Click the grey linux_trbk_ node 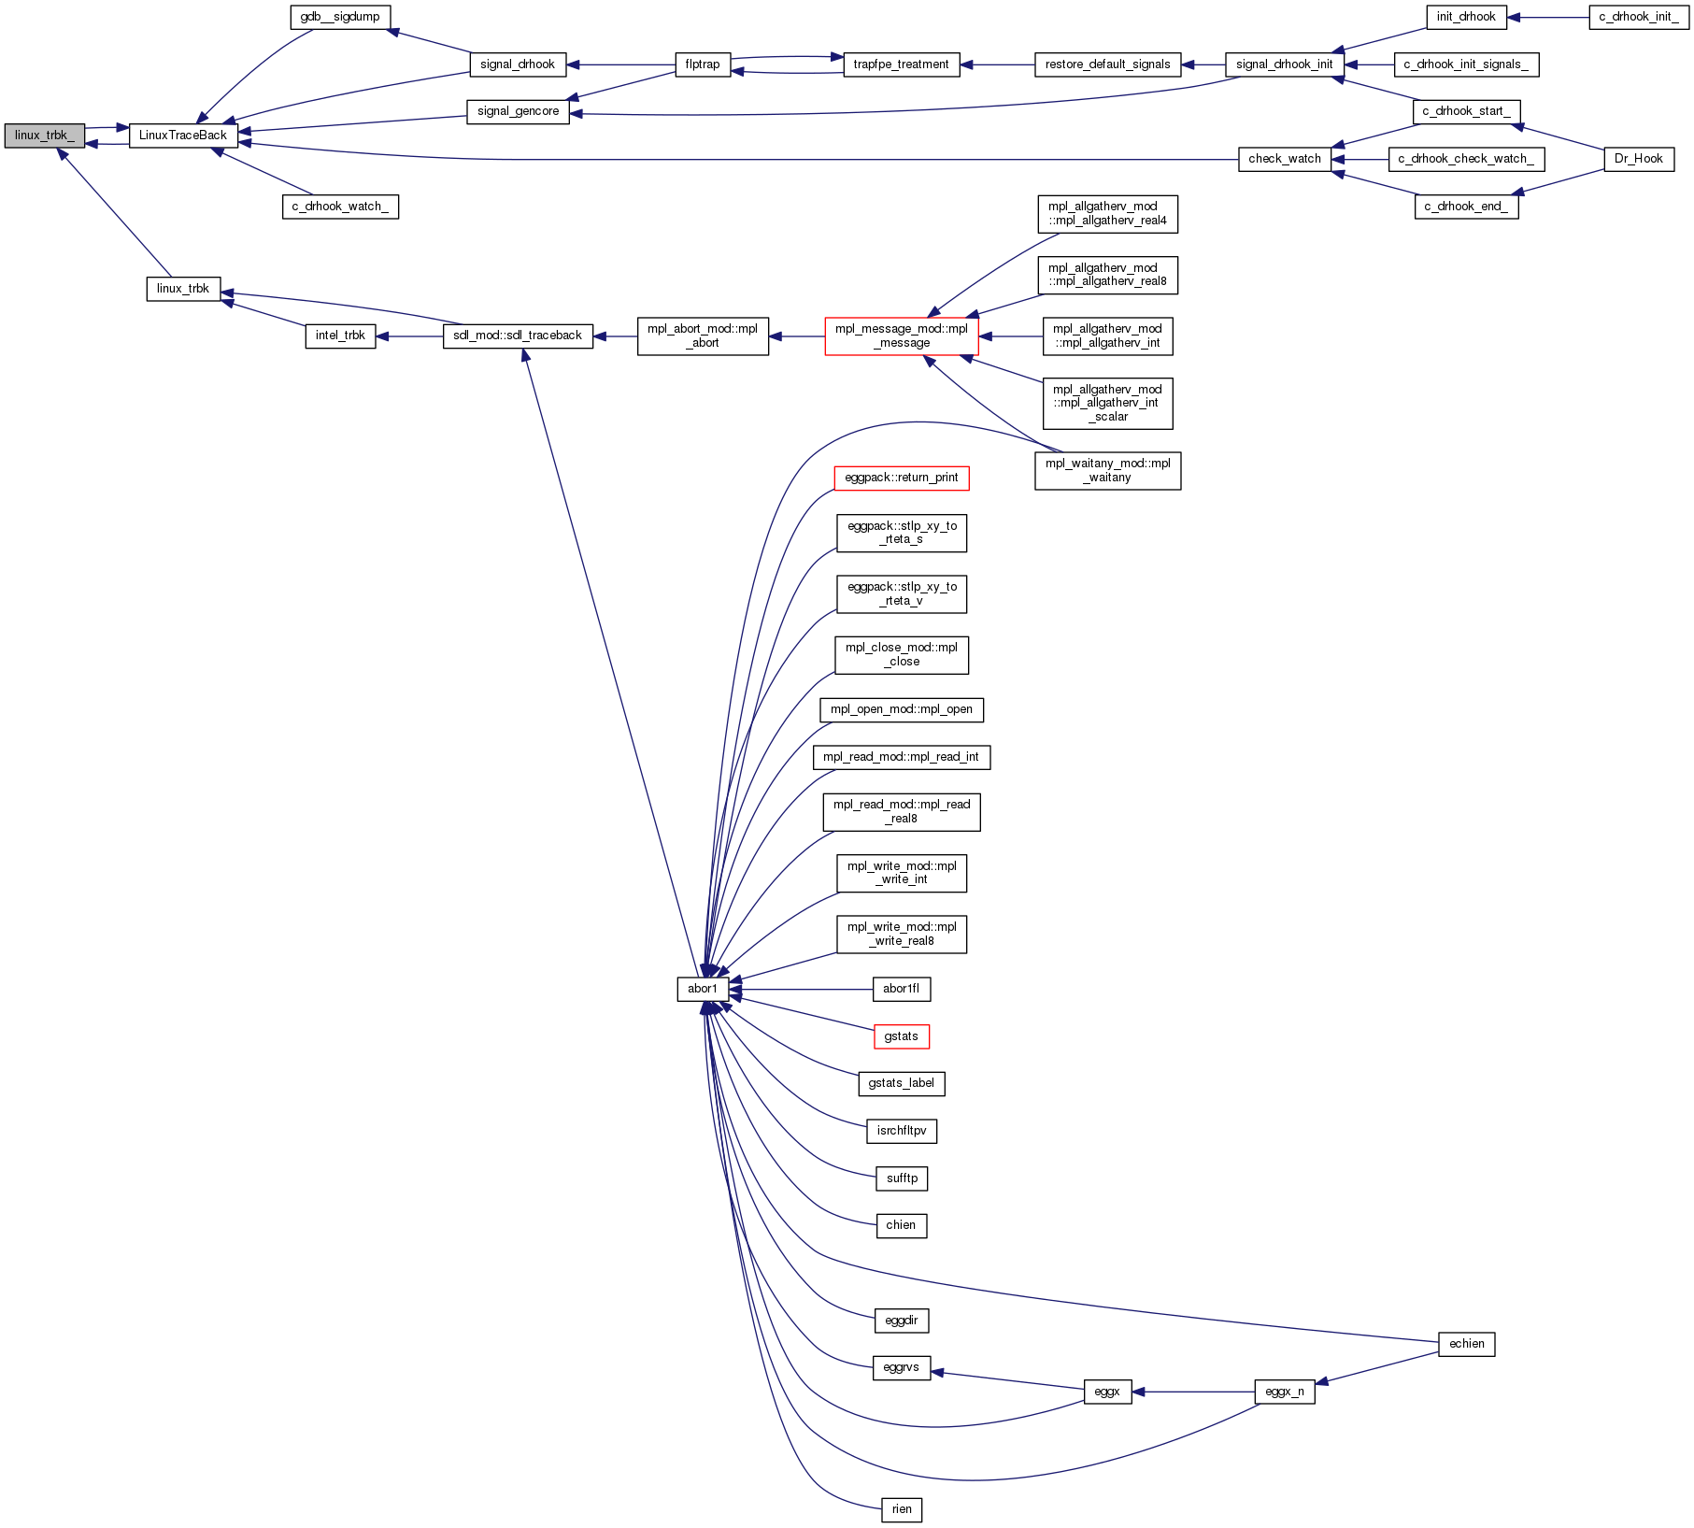44,136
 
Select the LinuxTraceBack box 183,136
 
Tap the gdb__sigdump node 340,17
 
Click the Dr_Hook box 1638,159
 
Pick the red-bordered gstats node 902,1036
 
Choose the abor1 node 703,989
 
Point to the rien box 902,1509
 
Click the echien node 1466,1344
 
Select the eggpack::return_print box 902,478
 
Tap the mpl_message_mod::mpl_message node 902,336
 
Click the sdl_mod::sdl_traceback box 518,336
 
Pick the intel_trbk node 340,336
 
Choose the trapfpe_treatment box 901,64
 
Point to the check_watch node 1285,159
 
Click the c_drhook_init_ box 1638,17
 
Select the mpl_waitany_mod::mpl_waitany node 1107,470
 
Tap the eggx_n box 1285,1392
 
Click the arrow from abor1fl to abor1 804,989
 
